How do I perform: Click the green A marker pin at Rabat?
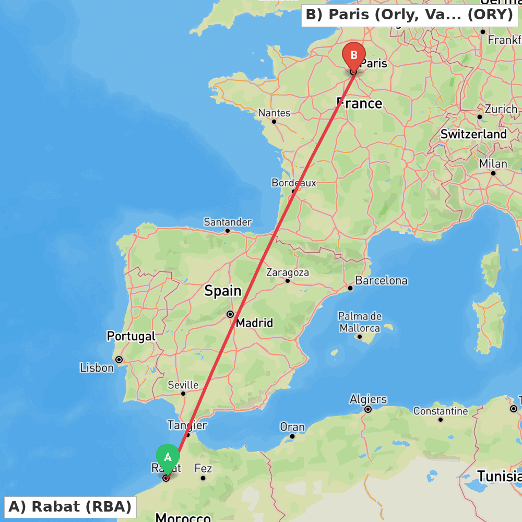coord(168,457)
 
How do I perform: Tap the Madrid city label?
coord(254,323)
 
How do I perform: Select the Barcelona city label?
coord(381,280)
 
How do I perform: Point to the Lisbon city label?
coord(97,368)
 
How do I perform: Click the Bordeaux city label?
coord(294,183)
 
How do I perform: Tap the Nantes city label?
coord(274,113)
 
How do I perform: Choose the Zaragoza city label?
coord(288,272)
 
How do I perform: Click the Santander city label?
coord(228,222)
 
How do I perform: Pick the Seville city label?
coord(183,385)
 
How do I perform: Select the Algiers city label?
coord(368,399)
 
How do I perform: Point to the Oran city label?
coord(292,427)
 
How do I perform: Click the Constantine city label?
coord(441,411)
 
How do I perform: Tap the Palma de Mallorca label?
coord(360,322)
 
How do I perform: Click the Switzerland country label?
coord(473,134)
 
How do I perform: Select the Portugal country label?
coord(131,336)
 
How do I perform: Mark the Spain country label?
coord(223,291)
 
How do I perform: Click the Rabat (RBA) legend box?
coord(70,506)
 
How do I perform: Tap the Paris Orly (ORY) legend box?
coord(409,15)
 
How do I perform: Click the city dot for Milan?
coord(493,173)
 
